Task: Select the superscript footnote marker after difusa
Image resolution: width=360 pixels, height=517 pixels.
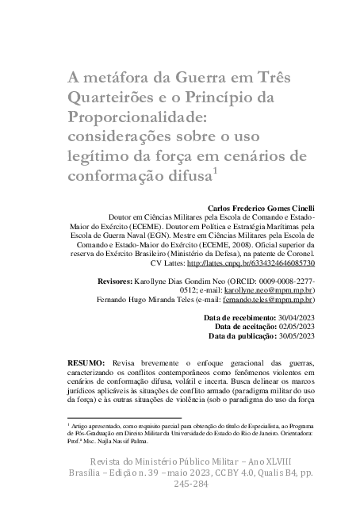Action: pos(216,168)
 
